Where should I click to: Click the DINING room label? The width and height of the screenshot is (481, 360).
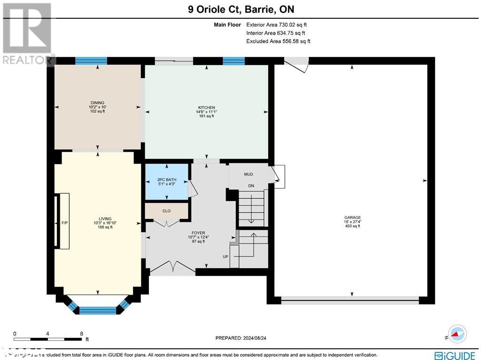point(98,102)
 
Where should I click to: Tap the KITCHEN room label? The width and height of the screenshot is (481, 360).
point(206,108)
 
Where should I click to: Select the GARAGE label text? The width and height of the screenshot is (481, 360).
point(352,217)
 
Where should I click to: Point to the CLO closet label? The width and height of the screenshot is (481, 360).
point(166,211)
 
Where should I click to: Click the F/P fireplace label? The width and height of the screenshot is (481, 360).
point(65,223)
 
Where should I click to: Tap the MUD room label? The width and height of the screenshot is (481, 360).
point(248,174)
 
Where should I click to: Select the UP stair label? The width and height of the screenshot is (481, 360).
point(226,257)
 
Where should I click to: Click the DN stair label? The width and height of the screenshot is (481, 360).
point(251,186)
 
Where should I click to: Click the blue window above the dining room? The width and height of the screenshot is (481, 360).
point(91,61)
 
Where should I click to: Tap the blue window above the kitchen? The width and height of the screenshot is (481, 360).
point(233,61)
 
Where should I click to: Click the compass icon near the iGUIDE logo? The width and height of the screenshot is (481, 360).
point(457,334)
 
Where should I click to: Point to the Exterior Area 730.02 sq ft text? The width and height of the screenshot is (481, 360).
point(277,25)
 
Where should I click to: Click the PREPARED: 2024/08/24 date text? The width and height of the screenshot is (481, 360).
point(243,338)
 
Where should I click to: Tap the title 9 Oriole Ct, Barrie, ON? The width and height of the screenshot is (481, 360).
point(240,8)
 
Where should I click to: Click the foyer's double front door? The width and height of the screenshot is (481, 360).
point(172,269)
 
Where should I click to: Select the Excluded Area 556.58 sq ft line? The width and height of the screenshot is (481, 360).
point(278,41)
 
